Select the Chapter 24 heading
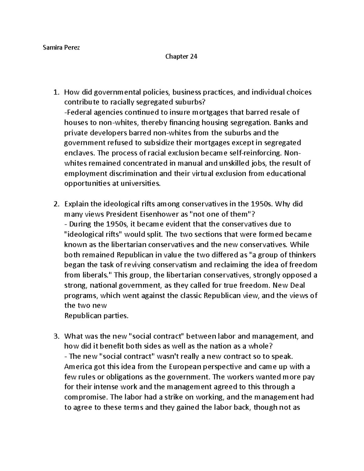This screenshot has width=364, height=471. [181, 56]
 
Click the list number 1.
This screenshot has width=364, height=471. [56, 92]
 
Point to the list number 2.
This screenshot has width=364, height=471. [56, 204]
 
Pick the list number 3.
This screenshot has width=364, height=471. [56, 336]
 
